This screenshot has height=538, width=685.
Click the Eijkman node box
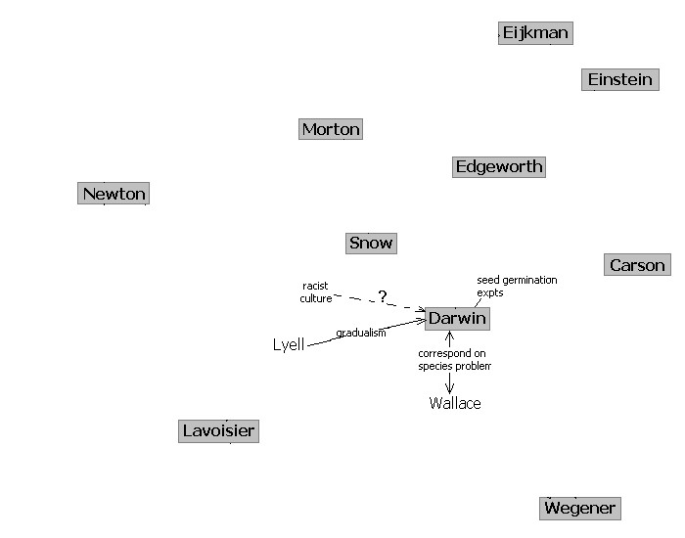coord(534,33)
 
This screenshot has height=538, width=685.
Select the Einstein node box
coord(619,80)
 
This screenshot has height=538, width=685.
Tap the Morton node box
coord(331,129)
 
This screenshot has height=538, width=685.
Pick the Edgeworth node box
coord(499,166)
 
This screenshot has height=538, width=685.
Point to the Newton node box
coord(114,194)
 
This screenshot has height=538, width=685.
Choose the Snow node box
coord(371,243)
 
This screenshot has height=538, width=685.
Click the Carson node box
coord(637,265)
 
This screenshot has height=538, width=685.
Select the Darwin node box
coord(457,319)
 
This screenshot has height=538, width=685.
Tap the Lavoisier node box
coord(219,430)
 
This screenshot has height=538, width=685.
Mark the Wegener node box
coord(579,508)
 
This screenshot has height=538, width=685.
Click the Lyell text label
coord(289,344)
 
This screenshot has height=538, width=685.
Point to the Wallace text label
coord(455,403)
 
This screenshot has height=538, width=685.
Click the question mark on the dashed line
coord(383,296)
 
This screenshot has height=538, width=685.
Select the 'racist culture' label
coord(316,291)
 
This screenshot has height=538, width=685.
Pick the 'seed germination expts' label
coord(517,286)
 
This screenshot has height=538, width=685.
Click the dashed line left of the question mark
coord(354,296)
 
